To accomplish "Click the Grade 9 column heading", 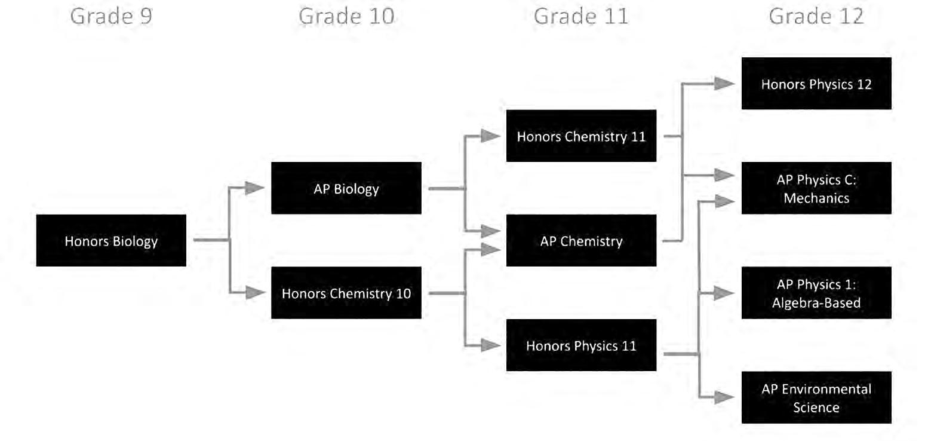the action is pyautogui.click(x=111, y=16).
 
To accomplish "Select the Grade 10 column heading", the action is pyautogui.click(x=346, y=16).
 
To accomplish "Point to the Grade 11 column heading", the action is pyautogui.click(x=581, y=16).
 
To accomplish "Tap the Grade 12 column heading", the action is pyautogui.click(x=816, y=16).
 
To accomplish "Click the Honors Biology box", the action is pyautogui.click(x=111, y=241).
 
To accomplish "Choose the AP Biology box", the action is pyautogui.click(x=346, y=189).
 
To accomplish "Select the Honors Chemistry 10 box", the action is pyautogui.click(x=346, y=293).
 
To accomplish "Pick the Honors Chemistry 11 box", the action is pyautogui.click(x=581, y=136).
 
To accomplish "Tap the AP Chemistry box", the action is pyautogui.click(x=581, y=241).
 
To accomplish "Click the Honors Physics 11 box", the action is pyautogui.click(x=581, y=345).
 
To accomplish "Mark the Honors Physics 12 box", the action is pyautogui.click(x=816, y=84).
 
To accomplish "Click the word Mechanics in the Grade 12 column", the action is pyautogui.click(x=816, y=198).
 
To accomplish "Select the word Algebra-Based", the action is pyautogui.click(x=816, y=303).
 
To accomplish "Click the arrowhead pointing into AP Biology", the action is pyautogui.click(x=255, y=189).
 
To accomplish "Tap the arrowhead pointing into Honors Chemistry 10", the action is pyautogui.click(x=255, y=293).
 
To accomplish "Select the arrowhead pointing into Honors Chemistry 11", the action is pyautogui.click(x=491, y=136).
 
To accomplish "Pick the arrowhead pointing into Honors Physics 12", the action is pyautogui.click(x=726, y=84).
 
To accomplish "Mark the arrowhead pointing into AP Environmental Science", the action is pyautogui.click(x=726, y=397).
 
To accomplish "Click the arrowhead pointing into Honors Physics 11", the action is pyautogui.click(x=491, y=345).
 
